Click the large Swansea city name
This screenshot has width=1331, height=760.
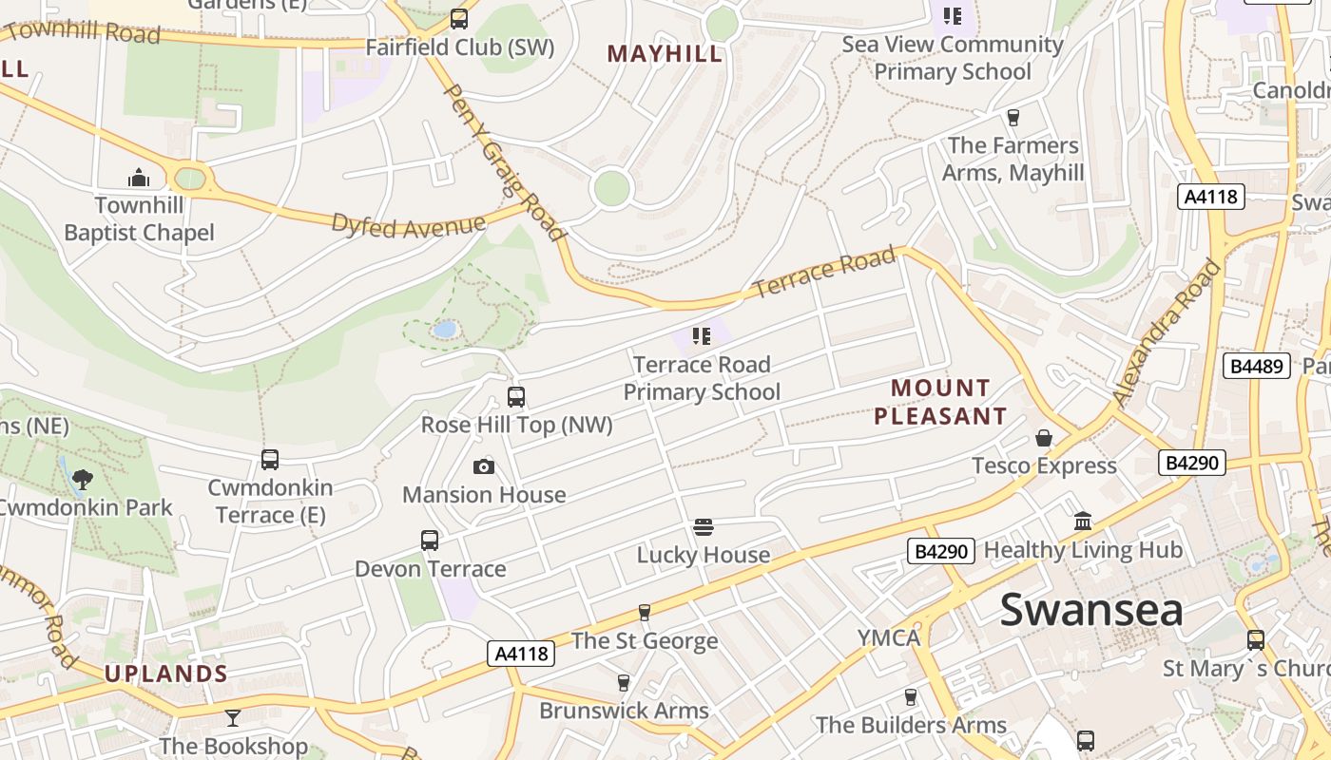(x=1091, y=610)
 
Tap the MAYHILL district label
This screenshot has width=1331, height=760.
(x=665, y=54)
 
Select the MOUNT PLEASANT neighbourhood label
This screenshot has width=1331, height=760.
(x=940, y=402)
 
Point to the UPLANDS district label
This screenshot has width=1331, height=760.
(x=165, y=674)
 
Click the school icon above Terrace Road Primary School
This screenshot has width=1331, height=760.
(x=702, y=335)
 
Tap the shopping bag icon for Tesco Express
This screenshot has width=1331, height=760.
(x=1044, y=438)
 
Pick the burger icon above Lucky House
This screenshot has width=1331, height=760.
(x=704, y=527)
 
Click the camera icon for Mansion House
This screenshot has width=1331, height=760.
(x=484, y=466)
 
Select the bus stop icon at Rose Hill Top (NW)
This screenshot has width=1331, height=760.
(x=516, y=397)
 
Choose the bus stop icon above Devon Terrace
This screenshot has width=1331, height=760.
(x=430, y=541)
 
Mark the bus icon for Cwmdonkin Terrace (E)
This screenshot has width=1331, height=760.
(x=270, y=460)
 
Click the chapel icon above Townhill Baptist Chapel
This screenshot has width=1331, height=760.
(x=139, y=178)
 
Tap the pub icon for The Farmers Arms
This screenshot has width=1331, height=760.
(x=1013, y=118)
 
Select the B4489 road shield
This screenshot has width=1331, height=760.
(x=1255, y=366)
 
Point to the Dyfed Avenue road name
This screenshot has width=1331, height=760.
(x=409, y=225)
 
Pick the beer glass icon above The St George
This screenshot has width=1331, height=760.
(x=645, y=613)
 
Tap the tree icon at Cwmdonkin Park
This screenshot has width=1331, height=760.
(x=84, y=479)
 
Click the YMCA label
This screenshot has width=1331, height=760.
(x=889, y=637)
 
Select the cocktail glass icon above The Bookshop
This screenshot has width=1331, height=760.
(x=233, y=717)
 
